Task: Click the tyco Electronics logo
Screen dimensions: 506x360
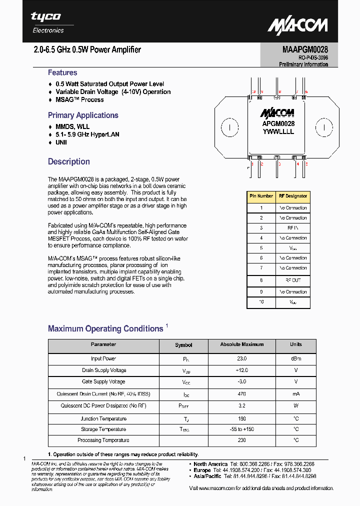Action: (47, 22)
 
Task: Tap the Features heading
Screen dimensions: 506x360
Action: (62, 72)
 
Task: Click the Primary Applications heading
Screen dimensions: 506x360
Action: (83, 115)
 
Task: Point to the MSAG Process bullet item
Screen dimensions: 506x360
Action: (79, 99)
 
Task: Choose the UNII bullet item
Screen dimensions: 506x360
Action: (61, 142)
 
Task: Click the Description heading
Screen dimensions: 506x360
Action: (69, 161)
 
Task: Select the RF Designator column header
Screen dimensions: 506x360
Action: (292, 196)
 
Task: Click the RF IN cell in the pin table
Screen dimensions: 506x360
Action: (292, 228)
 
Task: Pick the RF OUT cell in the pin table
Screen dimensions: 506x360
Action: (292, 280)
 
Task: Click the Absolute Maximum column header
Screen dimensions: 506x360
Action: (242, 344)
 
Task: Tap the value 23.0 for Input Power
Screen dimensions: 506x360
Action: (242, 358)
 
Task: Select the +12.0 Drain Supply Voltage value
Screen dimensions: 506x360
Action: (242, 370)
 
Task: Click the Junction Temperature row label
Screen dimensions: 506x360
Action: (103, 419)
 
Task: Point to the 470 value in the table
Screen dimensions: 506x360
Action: (242, 393)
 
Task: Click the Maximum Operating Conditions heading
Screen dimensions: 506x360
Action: (105, 328)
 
